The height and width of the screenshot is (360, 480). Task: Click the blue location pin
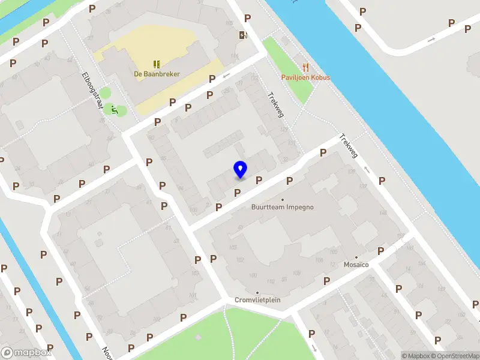click(x=240, y=170)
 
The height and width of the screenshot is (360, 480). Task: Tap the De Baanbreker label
click(x=157, y=74)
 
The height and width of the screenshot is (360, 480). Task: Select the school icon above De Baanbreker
click(x=157, y=64)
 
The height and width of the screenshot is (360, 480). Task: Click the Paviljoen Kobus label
click(x=306, y=78)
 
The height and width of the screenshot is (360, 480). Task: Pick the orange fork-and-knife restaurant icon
click(x=306, y=67)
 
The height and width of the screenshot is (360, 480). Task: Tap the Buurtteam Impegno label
click(x=282, y=208)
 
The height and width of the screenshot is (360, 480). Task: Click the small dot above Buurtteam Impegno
click(x=283, y=200)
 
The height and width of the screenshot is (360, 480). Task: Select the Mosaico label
click(x=356, y=265)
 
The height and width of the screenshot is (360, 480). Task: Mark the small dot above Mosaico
click(x=356, y=257)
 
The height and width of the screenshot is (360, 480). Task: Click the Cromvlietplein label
click(x=257, y=300)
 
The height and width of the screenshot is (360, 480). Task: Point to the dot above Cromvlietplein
click(x=257, y=292)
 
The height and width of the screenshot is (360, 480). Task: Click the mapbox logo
click(x=26, y=353)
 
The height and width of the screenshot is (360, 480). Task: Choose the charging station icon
click(x=242, y=35)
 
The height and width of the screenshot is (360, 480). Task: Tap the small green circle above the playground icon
click(x=105, y=93)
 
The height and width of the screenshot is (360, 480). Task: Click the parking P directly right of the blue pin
click(x=259, y=180)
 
